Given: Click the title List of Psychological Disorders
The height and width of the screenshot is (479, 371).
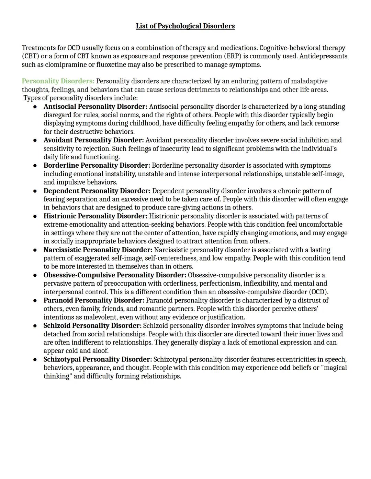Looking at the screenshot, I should tap(185, 26).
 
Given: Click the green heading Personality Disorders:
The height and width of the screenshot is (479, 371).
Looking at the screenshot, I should tap(58, 81).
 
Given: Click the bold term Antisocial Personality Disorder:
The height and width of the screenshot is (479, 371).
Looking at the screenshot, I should tap(95, 107).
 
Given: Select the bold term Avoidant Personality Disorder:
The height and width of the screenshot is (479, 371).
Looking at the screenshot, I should tap(93, 140).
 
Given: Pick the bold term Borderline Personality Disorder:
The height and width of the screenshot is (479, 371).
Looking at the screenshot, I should tap(97, 166).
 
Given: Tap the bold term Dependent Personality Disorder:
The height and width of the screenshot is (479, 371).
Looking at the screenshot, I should tap(97, 191).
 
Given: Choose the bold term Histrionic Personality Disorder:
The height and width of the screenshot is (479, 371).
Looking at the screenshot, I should tap(95, 216).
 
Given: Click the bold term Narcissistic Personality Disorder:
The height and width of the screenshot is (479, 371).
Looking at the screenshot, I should tap(98, 250).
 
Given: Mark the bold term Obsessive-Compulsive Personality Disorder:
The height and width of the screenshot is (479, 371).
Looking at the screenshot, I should tap(115, 275).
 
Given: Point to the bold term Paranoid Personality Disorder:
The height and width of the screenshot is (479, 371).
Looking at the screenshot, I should tap(94, 300).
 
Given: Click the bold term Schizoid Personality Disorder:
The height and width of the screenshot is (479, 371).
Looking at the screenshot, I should tap(92, 326).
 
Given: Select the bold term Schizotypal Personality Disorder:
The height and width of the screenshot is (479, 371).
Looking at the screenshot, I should tap(98, 359).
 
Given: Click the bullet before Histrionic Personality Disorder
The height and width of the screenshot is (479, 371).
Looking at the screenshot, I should tap(35, 216).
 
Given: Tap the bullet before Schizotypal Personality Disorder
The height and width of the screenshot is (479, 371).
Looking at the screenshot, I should tap(35, 360).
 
